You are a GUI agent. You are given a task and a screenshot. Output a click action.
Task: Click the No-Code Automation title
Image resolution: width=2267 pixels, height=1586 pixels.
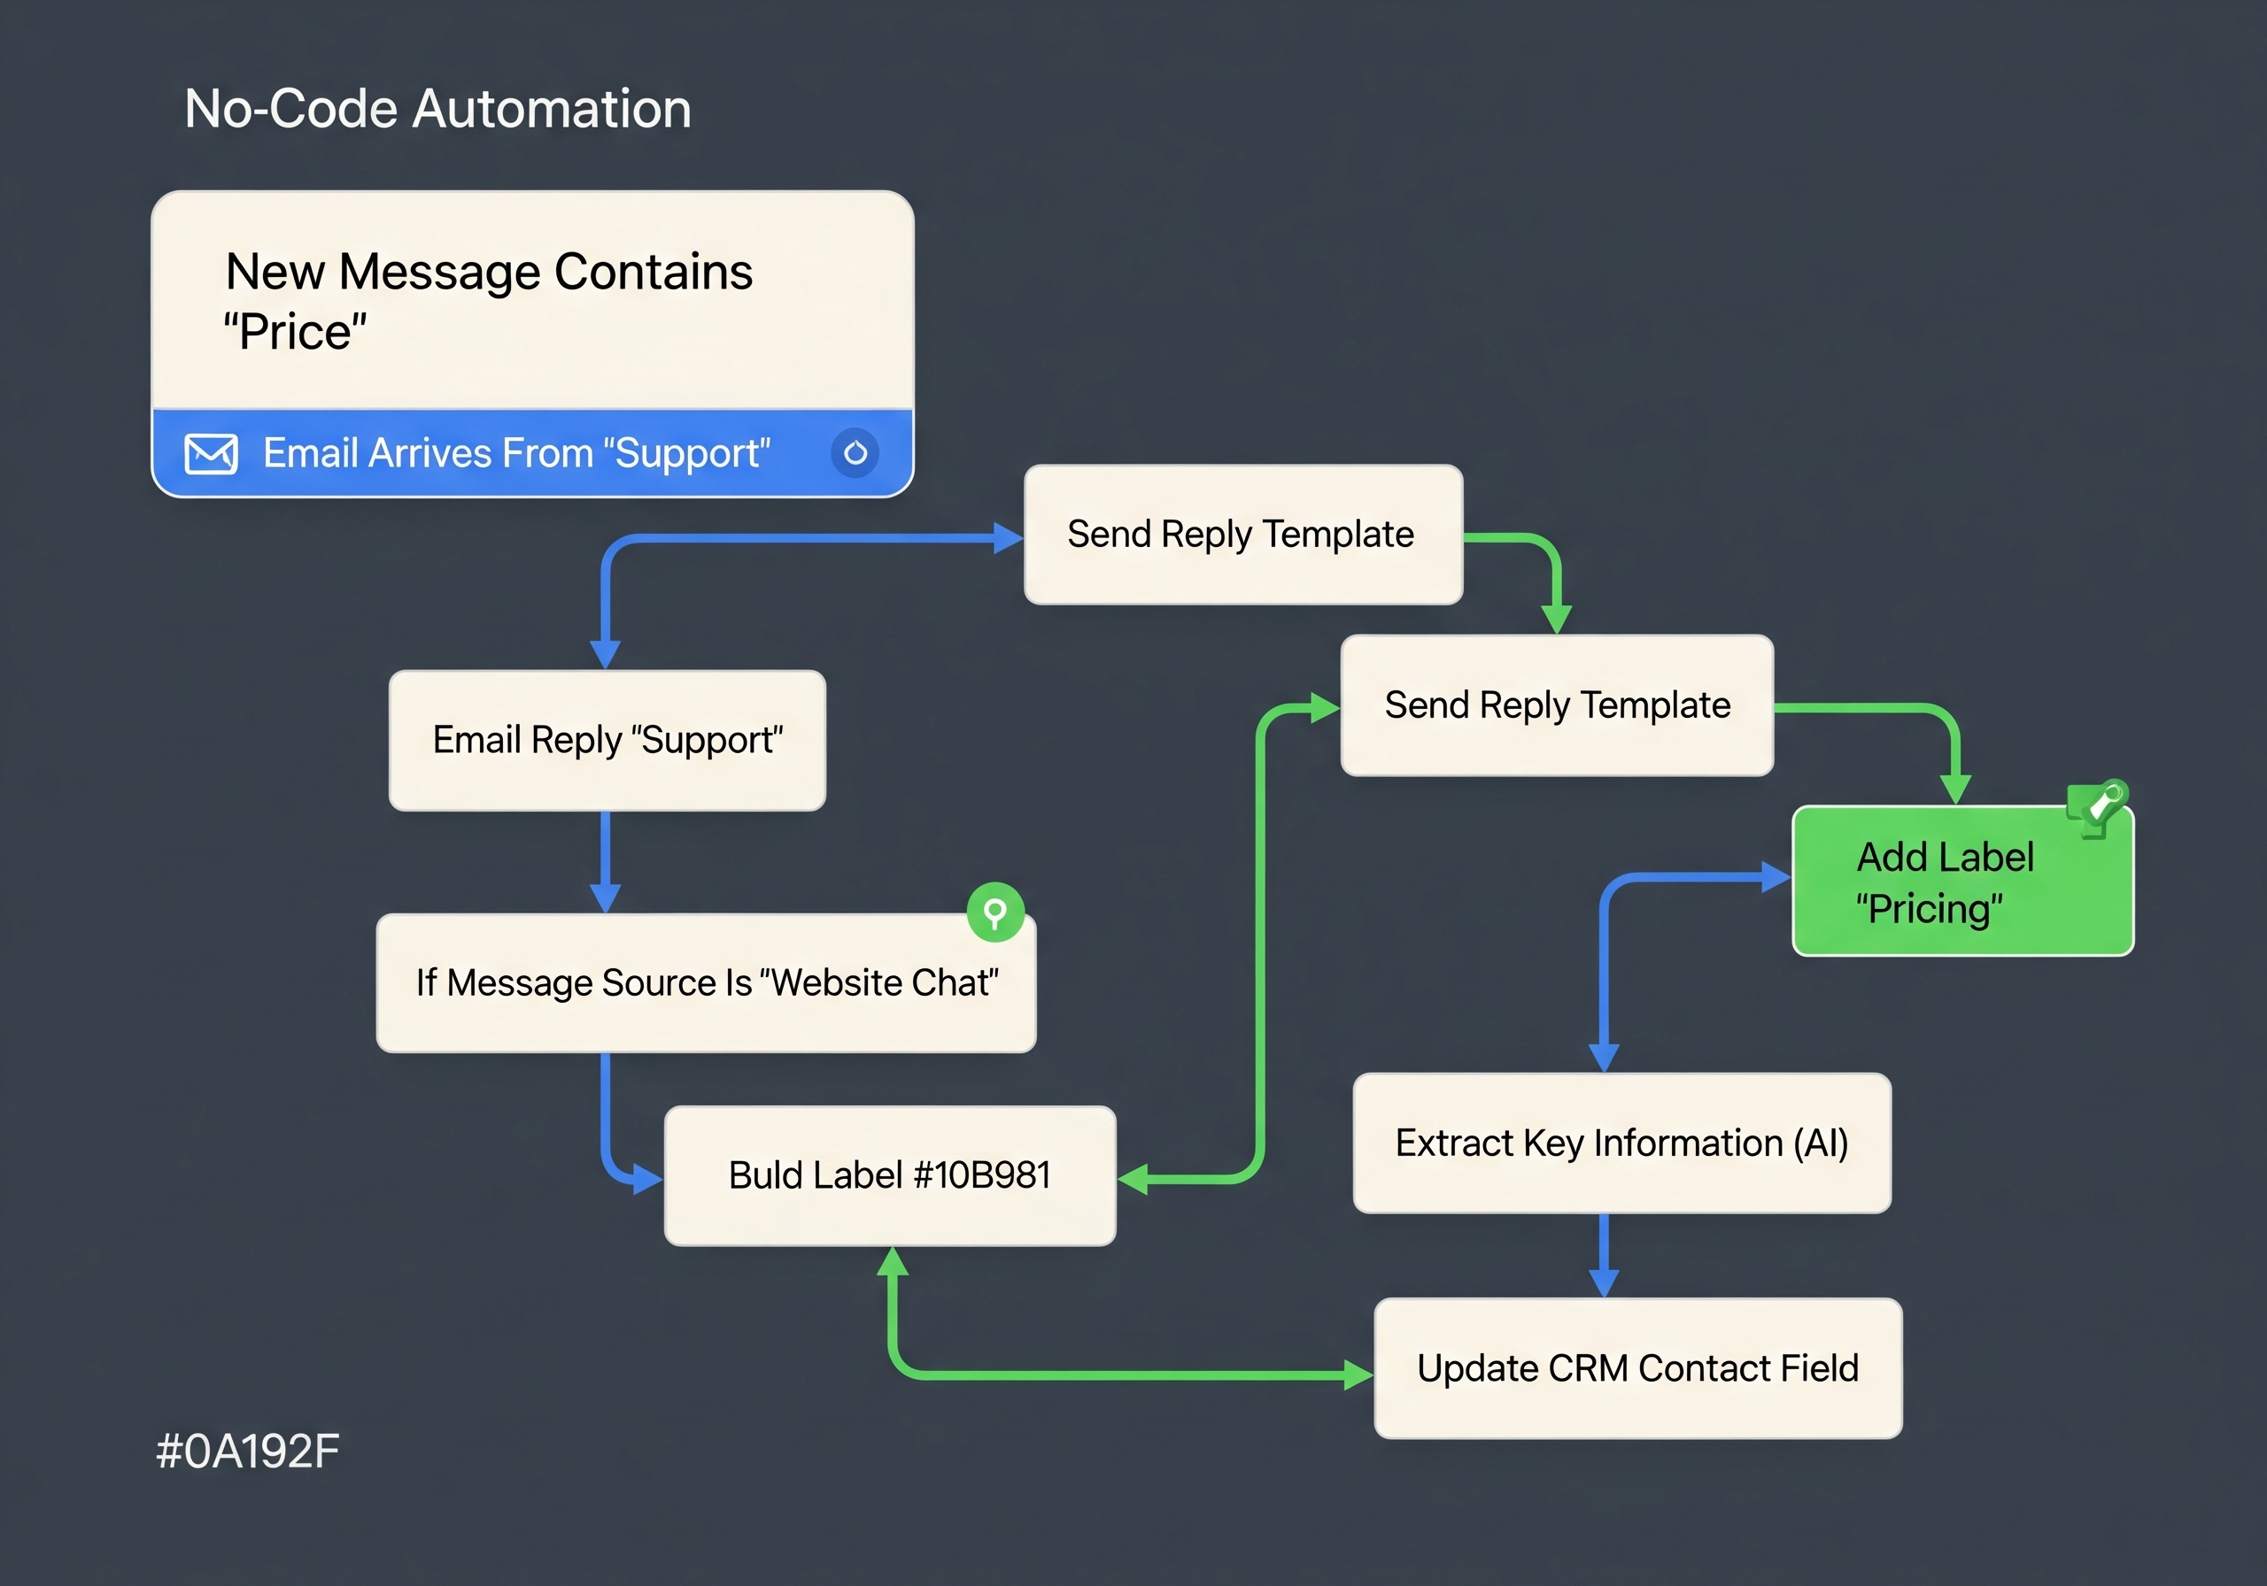437,109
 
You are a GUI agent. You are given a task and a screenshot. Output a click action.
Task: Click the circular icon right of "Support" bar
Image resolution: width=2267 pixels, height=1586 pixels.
855,453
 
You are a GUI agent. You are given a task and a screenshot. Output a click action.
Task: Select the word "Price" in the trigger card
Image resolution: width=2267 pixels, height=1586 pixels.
294,332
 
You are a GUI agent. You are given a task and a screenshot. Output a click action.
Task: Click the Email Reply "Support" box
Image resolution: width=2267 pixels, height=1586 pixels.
607,740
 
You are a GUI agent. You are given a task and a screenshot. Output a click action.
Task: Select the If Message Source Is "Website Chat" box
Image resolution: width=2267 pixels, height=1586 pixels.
706,983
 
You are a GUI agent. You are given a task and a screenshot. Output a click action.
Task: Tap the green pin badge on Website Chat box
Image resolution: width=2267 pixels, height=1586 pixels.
994,911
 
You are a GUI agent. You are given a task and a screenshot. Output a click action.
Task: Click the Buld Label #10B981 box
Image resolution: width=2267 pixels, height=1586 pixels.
890,1175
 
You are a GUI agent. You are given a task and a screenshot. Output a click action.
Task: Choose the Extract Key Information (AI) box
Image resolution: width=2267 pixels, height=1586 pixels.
1621,1143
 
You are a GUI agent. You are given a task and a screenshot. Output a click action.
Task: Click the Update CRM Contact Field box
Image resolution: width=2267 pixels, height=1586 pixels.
1637,1368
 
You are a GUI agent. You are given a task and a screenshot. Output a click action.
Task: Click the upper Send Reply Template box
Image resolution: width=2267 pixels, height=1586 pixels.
1242,534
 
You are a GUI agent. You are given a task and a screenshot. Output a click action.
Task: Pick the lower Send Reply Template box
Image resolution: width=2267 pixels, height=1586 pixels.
1557,704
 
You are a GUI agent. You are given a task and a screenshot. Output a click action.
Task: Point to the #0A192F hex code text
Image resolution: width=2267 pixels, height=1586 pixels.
248,1451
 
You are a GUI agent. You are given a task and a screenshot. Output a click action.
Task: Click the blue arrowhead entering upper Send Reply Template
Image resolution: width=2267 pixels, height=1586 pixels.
1008,538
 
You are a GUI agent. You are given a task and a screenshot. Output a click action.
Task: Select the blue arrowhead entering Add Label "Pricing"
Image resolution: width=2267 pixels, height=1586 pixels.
1776,876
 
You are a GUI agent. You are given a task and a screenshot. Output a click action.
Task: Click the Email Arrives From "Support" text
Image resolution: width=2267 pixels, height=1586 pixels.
516,454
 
